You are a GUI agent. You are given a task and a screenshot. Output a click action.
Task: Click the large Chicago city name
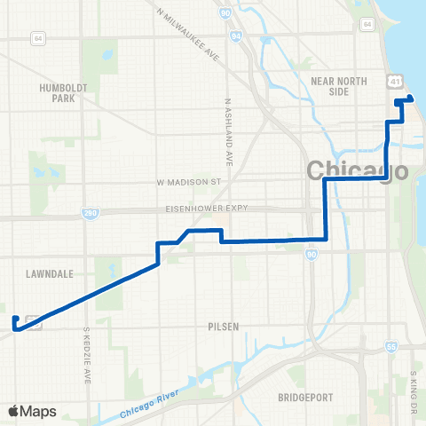[x=357, y=170]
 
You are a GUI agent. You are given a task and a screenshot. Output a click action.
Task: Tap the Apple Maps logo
[x=33, y=411]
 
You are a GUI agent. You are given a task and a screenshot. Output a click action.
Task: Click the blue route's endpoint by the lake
[x=410, y=99]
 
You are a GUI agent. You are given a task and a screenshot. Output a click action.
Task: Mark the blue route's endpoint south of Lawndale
[x=15, y=319]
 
